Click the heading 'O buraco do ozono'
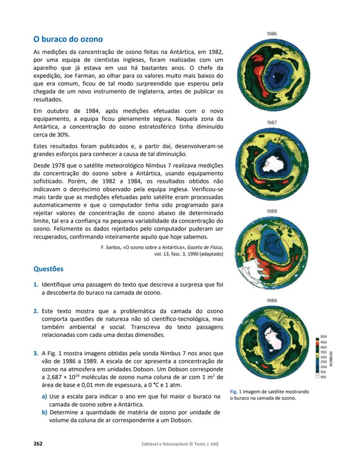click(x=68, y=40)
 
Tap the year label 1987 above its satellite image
click(x=272, y=123)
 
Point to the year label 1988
click(x=272, y=211)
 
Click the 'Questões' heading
click(x=48, y=269)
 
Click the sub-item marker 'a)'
click(x=45, y=396)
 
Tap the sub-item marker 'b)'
click(x=45, y=412)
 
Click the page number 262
click(x=38, y=444)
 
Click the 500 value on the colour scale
click(x=323, y=337)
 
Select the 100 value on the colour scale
click(x=323, y=377)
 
